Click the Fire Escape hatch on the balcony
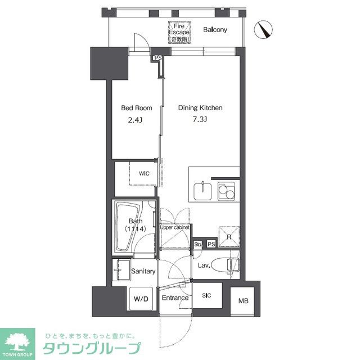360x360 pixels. click(x=179, y=33)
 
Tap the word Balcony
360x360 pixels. click(x=215, y=30)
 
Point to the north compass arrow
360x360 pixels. click(x=263, y=29)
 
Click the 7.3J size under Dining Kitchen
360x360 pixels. click(x=201, y=119)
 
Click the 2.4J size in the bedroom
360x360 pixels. click(x=134, y=119)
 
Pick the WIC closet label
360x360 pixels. click(x=145, y=174)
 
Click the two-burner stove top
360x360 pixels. click(x=227, y=191)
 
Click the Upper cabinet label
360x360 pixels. click(x=174, y=228)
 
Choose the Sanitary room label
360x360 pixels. click(x=143, y=271)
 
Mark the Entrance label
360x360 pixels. click(x=175, y=298)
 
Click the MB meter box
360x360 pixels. click(x=242, y=301)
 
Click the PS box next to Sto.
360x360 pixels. click(x=210, y=245)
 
